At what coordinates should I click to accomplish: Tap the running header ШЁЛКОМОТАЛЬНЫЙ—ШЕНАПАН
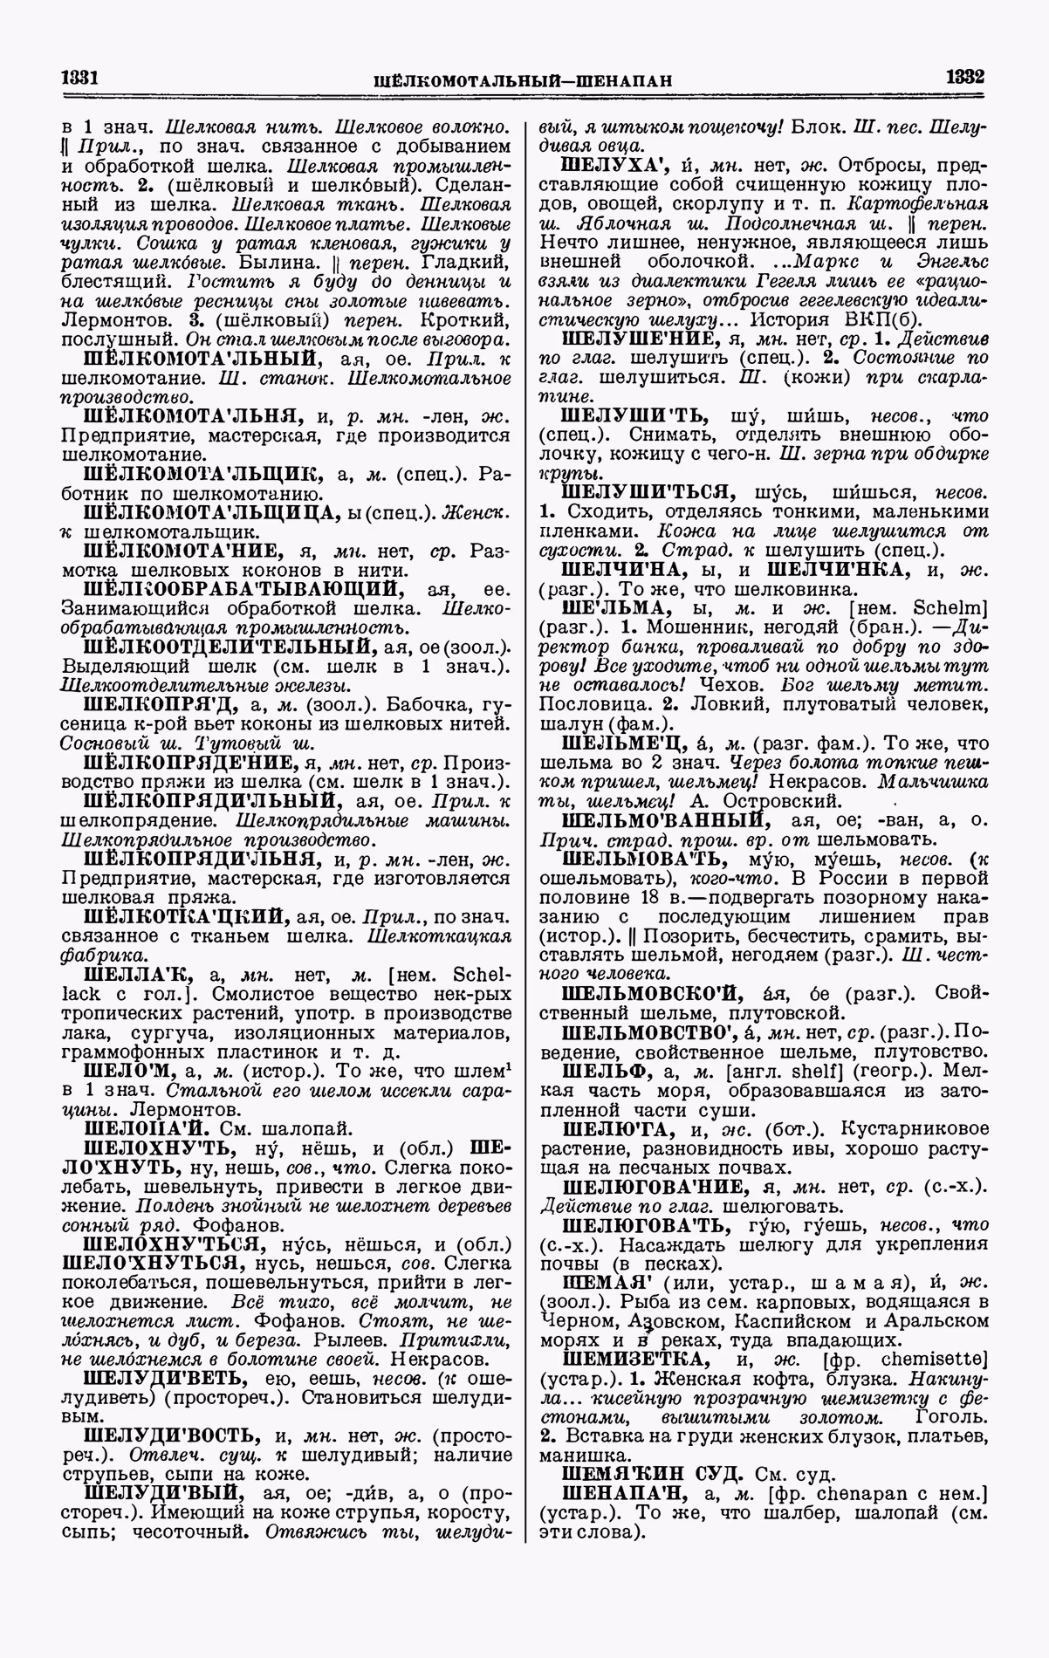click(522, 80)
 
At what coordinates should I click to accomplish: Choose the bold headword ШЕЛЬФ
click(597, 1072)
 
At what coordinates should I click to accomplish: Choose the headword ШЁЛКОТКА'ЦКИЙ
click(188, 917)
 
